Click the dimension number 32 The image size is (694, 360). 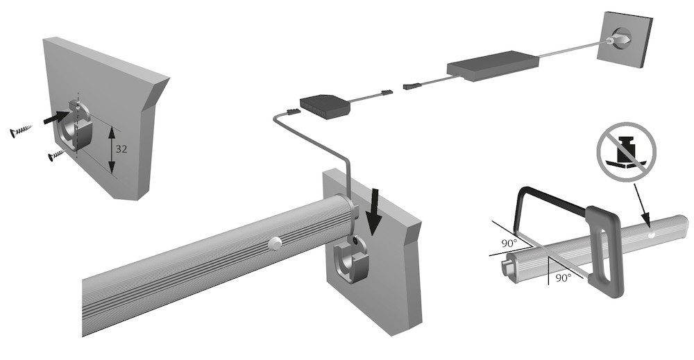(x=121, y=150)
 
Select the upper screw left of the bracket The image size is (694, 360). (x=21, y=131)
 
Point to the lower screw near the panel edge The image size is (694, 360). (x=56, y=155)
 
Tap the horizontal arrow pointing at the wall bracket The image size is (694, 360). (x=57, y=117)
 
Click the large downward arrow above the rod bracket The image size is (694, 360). (x=375, y=212)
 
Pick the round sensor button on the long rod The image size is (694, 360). (x=276, y=243)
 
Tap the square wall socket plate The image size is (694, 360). (x=624, y=39)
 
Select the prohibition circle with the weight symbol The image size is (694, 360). (x=626, y=151)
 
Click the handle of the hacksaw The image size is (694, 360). (x=604, y=251)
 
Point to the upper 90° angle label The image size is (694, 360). (x=509, y=243)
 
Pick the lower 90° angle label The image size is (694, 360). (x=563, y=277)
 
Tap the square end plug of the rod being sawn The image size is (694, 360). (x=507, y=266)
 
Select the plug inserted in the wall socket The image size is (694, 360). (x=620, y=40)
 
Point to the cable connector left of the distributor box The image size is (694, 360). (x=294, y=112)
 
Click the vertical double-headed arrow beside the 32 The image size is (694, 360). (x=112, y=150)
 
